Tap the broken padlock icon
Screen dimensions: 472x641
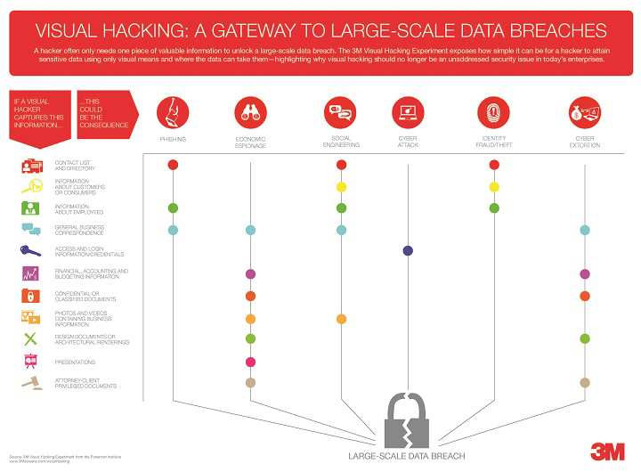click(407, 418)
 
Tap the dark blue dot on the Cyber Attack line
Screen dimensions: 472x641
click(408, 251)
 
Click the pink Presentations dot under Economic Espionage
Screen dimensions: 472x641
click(250, 362)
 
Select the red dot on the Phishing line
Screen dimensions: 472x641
click(173, 164)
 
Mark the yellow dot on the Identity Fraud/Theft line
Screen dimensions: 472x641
click(494, 186)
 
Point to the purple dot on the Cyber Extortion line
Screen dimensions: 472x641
click(585, 273)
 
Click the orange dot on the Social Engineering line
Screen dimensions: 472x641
click(341, 318)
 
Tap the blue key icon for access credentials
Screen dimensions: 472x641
click(30, 252)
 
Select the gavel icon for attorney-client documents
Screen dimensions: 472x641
click(30, 383)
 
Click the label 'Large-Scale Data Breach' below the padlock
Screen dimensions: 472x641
click(407, 460)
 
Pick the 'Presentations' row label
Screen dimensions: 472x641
click(75, 362)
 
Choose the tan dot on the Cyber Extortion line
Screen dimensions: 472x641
click(585, 382)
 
